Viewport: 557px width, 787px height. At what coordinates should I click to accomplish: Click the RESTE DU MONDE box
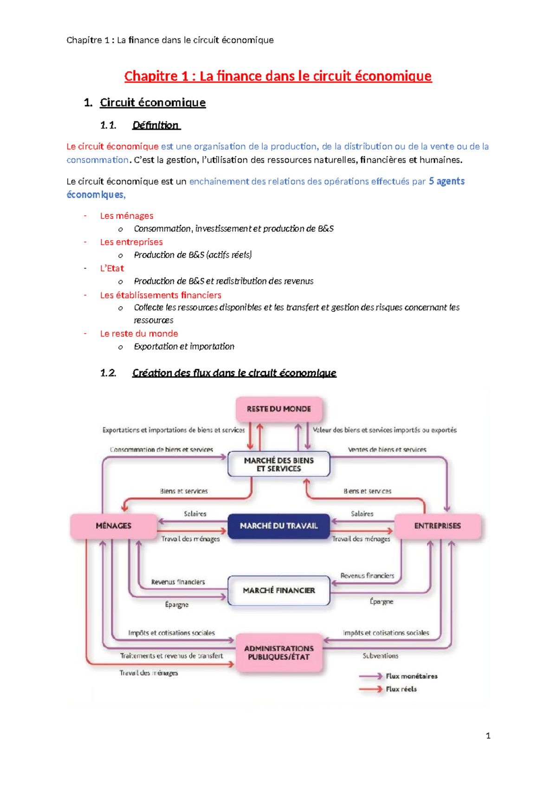pyautogui.click(x=278, y=409)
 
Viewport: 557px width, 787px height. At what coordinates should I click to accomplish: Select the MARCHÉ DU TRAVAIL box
pyautogui.click(x=278, y=526)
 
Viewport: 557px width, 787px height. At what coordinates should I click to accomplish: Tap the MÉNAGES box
pyautogui.click(x=113, y=526)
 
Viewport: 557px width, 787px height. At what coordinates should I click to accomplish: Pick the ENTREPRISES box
pyautogui.click(x=437, y=526)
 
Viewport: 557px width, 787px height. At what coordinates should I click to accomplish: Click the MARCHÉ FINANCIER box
pyautogui.click(x=278, y=590)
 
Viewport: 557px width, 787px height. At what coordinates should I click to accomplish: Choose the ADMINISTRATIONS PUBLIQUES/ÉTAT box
pyautogui.click(x=278, y=652)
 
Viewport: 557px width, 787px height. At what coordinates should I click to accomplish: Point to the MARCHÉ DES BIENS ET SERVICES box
pyautogui.click(x=278, y=464)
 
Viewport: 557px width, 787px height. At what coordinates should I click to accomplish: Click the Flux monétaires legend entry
pyautogui.click(x=411, y=676)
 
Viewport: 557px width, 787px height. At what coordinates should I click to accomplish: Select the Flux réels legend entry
pyautogui.click(x=401, y=689)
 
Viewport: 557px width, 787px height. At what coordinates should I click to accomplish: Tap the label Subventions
pyautogui.click(x=380, y=656)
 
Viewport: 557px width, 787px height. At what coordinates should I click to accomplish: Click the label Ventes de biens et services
pyautogui.click(x=387, y=449)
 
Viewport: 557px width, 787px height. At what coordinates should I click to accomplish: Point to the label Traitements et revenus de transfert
pyautogui.click(x=171, y=656)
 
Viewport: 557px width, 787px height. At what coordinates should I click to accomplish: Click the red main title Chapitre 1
pyautogui.click(x=278, y=76)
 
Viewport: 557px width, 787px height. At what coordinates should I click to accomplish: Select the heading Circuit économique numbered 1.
pyautogui.click(x=152, y=103)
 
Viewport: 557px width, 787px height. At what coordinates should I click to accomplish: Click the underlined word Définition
pyautogui.click(x=155, y=125)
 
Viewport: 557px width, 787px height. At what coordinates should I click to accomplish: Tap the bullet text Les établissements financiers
pyautogui.click(x=161, y=295)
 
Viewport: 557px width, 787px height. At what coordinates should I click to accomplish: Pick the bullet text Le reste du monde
pyautogui.click(x=139, y=334)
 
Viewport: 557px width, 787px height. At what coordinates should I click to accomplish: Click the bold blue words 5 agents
pyautogui.click(x=447, y=181)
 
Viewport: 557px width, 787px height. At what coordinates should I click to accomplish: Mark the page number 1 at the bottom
pyautogui.click(x=488, y=735)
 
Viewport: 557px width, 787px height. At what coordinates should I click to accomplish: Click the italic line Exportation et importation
pyautogui.click(x=184, y=347)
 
